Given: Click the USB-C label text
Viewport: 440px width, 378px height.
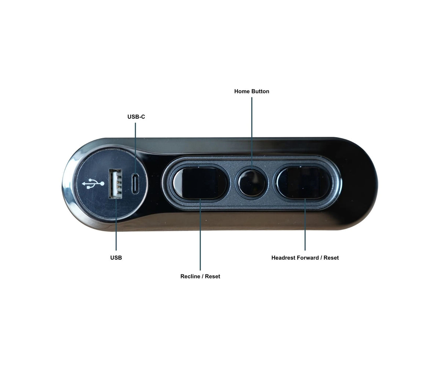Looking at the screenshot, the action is (136, 117).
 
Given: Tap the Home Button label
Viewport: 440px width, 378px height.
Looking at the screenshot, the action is (252, 91).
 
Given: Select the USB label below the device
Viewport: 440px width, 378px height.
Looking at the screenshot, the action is (116, 258).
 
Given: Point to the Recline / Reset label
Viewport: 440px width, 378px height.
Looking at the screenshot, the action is (200, 276).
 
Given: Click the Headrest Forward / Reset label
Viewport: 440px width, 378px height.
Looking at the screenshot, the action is (305, 258).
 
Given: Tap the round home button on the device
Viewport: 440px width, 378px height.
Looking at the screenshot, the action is (252, 183).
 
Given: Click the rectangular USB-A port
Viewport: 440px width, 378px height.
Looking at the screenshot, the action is (115, 184).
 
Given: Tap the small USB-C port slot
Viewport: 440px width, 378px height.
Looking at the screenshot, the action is (135, 183).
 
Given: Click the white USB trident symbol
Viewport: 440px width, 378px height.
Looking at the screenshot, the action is (93, 184).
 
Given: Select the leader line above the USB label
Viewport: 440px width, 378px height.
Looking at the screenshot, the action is (116, 224).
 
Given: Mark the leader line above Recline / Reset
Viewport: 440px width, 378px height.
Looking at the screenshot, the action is (200, 234).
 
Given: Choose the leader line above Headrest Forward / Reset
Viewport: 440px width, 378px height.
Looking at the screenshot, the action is (305, 224).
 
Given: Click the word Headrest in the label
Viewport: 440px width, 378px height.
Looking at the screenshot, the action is (283, 258).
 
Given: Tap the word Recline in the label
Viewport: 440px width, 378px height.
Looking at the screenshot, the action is (190, 276).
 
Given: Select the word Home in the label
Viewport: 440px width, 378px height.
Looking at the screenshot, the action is (242, 91).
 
